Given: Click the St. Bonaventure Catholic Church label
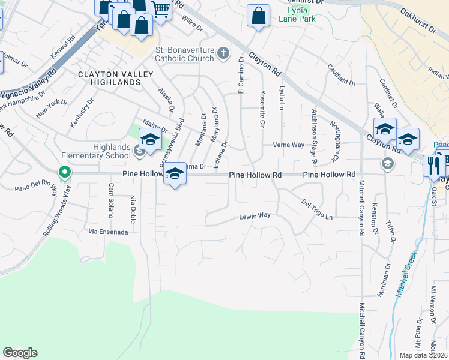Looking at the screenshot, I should click(184, 54).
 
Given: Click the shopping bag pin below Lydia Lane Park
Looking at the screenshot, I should click(258, 16).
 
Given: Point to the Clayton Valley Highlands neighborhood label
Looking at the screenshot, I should click(109, 78).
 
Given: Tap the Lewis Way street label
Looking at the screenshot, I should click(255, 216).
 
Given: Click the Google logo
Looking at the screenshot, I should click(20, 353).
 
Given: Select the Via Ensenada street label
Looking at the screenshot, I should click(108, 231).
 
